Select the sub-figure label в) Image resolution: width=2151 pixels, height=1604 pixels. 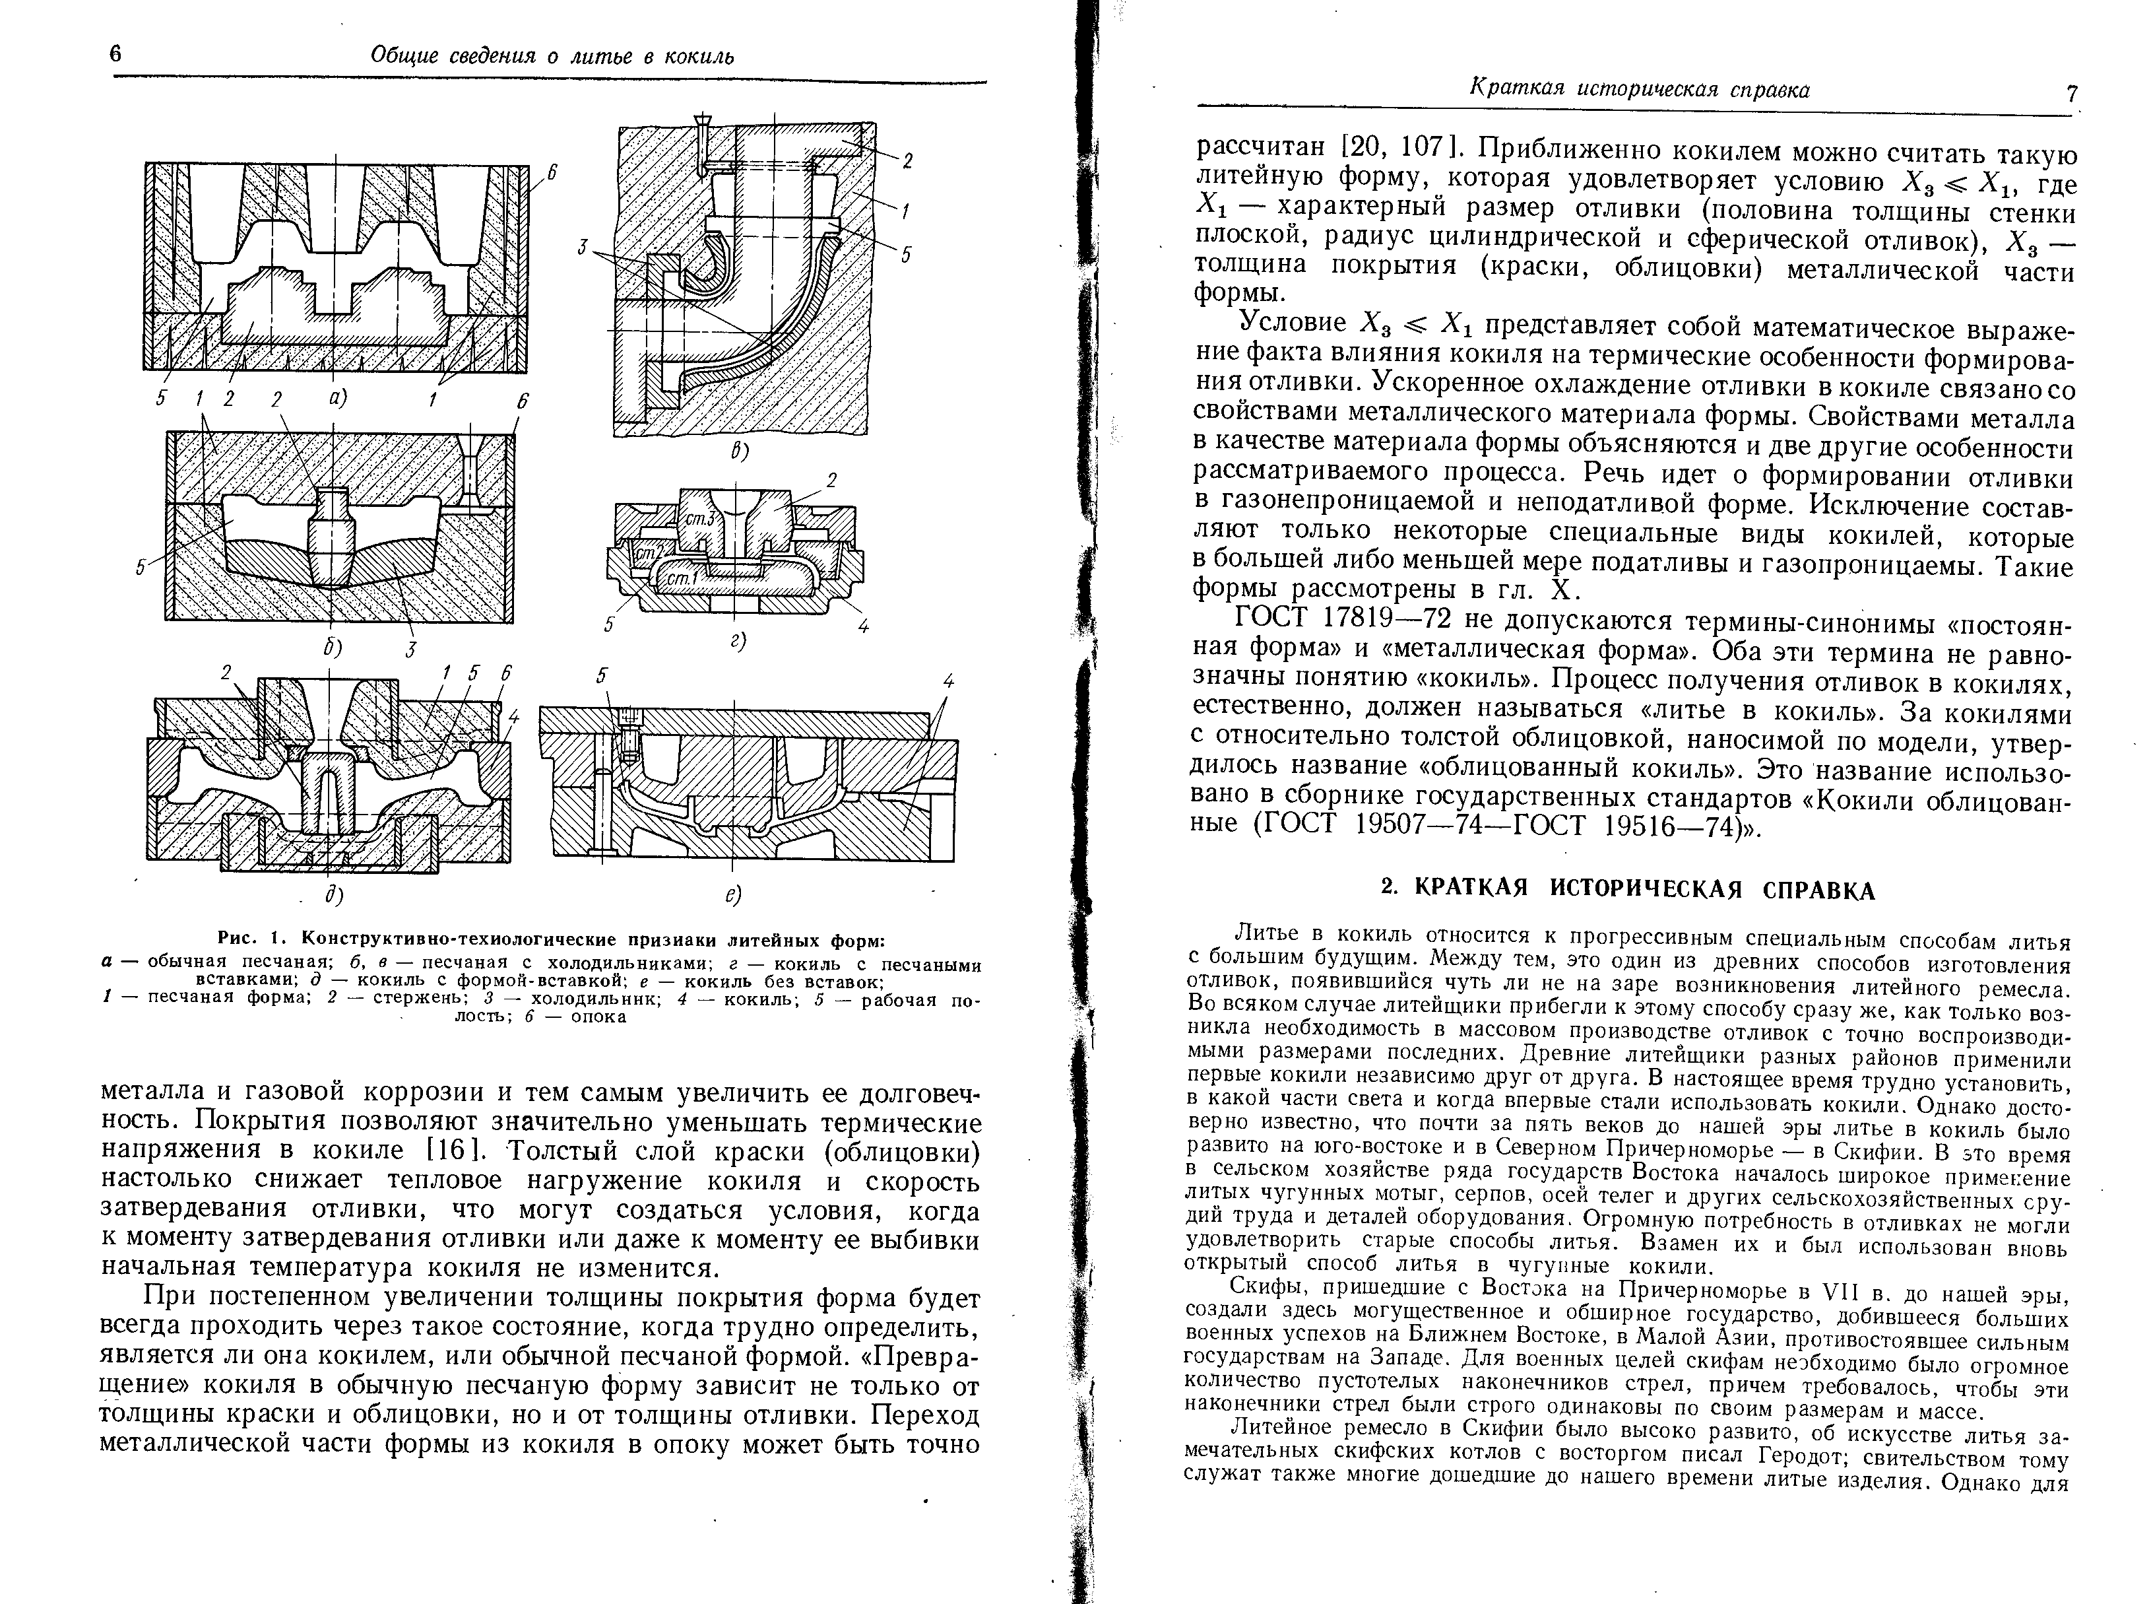pos(740,451)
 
